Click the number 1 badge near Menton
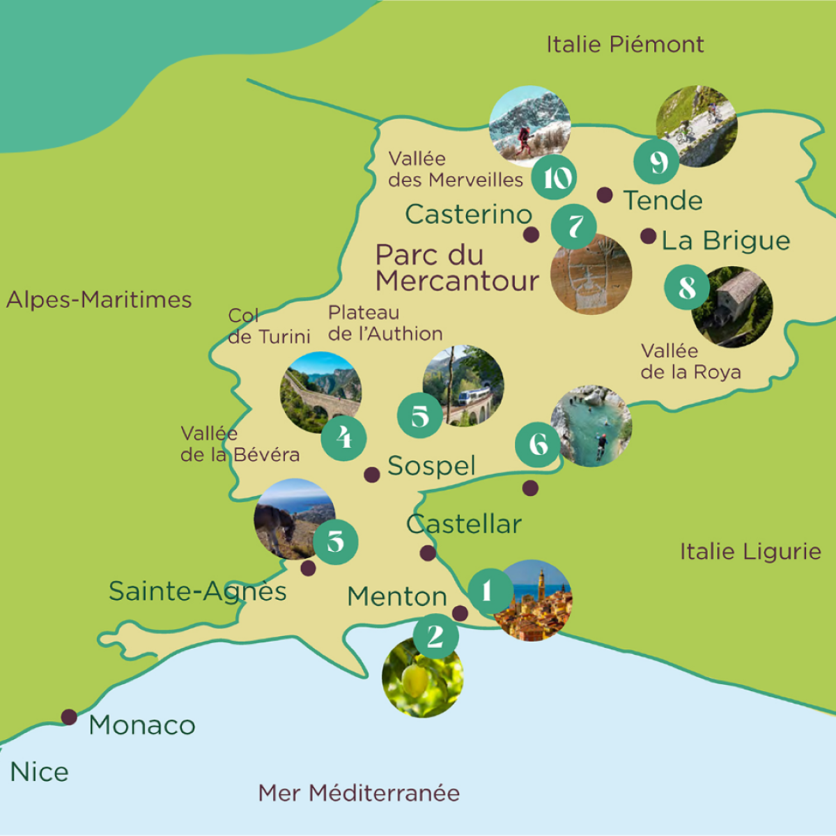[488, 591]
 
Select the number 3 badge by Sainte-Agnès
[336, 541]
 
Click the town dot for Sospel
[372, 475]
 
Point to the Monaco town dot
[69, 717]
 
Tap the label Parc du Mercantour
[456, 268]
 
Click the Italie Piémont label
[625, 45]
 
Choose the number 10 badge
[555, 178]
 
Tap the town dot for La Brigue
[649, 236]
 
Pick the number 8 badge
[687, 287]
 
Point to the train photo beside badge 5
[465, 385]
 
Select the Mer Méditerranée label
[359, 793]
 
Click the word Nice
[40, 772]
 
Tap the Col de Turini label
[269, 326]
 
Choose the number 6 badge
[538, 444]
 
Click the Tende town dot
[605, 195]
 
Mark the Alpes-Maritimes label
[99, 300]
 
